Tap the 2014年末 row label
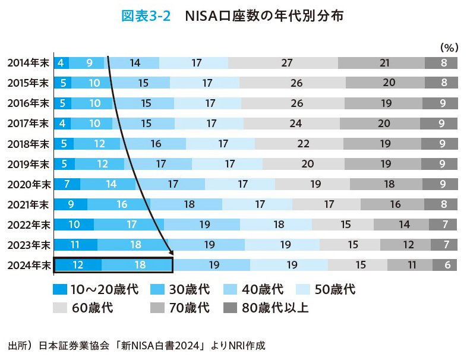click(28, 63)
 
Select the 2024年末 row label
click(28, 265)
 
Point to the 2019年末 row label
click(28, 164)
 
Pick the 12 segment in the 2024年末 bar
click(78, 265)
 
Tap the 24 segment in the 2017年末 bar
click(291, 124)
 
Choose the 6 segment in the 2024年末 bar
click(446, 265)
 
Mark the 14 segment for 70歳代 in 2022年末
click(404, 225)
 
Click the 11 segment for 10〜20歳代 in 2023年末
click(75, 245)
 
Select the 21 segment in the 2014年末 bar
click(381, 63)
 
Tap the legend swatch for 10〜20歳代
click(60, 290)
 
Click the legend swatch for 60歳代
click(60, 308)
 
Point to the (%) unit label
click(447, 46)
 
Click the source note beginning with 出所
click(136, 345)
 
